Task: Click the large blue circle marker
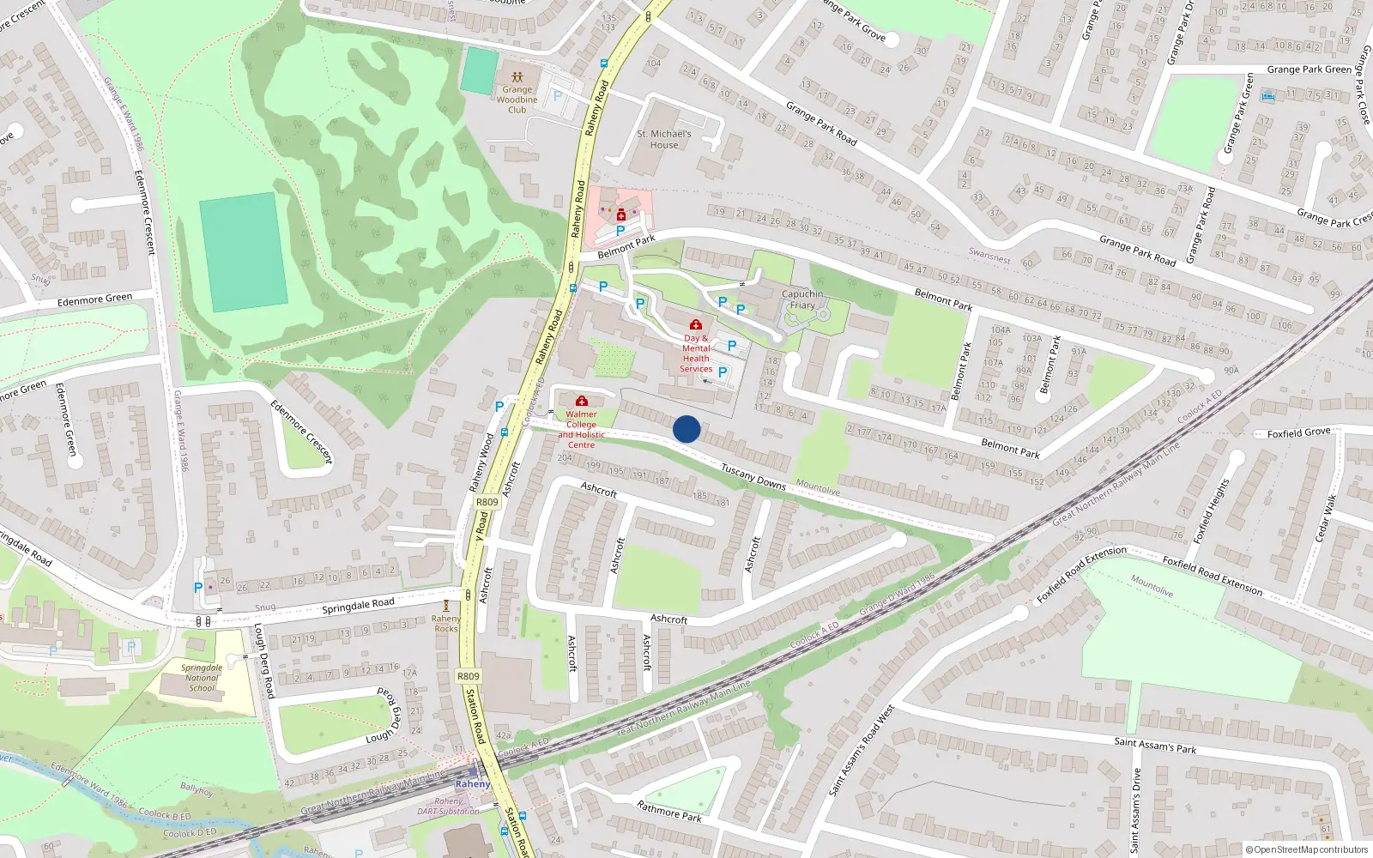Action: tap(686, 429)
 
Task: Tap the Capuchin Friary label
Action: tap(802, 299)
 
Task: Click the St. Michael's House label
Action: tap(664, 140)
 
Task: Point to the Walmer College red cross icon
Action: tap(582, 401)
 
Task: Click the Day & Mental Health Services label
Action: tap(696, 353)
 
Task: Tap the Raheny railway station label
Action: tap(473, 784)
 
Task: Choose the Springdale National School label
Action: tap(203, 678)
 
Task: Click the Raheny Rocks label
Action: tap(445, 623)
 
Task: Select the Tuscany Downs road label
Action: tap(753, 477)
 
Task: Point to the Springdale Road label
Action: tap(358, 606)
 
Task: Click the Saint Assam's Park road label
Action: tap(1155, 746)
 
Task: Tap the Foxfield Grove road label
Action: tap(1298, 433)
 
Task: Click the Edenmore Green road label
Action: tap(94, 300)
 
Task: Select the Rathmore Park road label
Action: tap(669, 811)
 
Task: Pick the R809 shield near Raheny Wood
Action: tap(487, 502)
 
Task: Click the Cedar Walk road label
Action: tap(1327, 517)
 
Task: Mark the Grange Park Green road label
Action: tap(1309, 69)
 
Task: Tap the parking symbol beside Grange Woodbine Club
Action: tap(557, 96)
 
